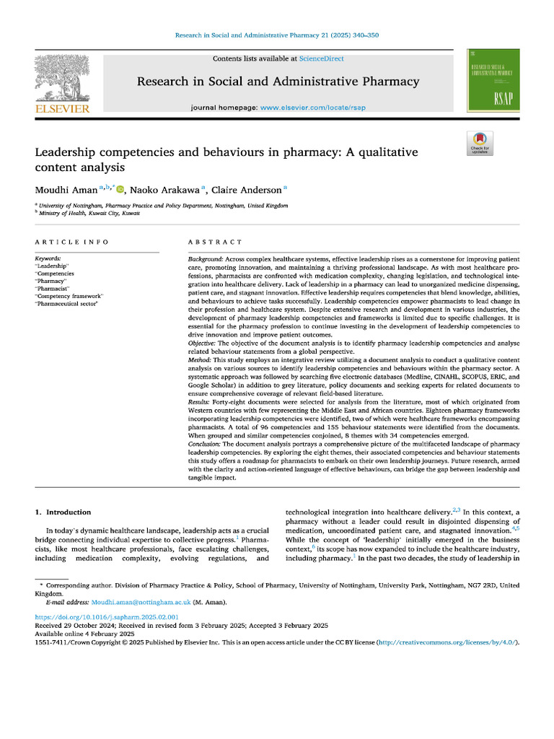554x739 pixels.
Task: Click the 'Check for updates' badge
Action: pyautogui.click(x=478, y=144)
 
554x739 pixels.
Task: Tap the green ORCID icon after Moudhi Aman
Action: pyautogui.click(x=120, y=190)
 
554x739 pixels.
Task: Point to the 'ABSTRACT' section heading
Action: pyautogui.click(x=216, y=242)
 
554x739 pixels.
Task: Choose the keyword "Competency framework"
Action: pyautogui.click(x=69, y=296)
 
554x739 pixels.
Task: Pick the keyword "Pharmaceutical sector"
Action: pyautogui.click(x=66, y=304)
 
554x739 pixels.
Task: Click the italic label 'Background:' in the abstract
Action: pyautogui.click(x=206, y=258)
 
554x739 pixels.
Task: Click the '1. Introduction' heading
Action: pyautogui.click(x=63, y=512)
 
